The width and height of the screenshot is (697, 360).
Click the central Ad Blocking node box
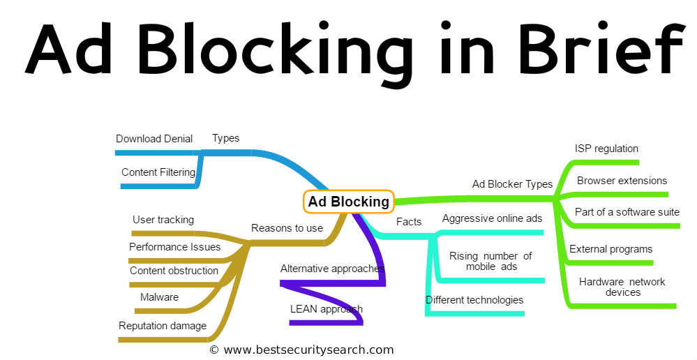click(x=349, y=202)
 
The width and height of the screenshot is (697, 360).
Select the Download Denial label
click(x=154, y=139)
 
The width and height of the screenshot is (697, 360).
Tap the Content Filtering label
click(x=158, y=172)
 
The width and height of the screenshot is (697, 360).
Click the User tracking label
click(x=163, y=220)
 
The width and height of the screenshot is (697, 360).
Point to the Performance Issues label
click(x=174, y=246)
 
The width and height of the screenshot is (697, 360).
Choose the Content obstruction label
click(x=174, y=271)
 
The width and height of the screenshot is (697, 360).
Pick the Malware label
click(x=159, y=297)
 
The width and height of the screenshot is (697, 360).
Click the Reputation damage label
click(x=163, y=325)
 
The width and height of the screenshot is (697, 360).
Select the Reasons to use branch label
click(x=287, y=227)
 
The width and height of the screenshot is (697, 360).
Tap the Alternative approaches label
click(x=332, y=268)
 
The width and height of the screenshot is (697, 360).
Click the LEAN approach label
click(x=327, y=308)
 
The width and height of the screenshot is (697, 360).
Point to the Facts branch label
click(x=409, y=222)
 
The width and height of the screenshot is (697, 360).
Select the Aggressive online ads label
click(x=492, y=218)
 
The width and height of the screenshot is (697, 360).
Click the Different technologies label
click(x=474, y=300)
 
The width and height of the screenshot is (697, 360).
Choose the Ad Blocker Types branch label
click(x=512, y=184)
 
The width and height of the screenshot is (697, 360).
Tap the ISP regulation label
click(x=606, y=149)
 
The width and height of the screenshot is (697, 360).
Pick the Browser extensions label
click(x=622, y=181)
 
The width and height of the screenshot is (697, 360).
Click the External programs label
click(x=610, y=249)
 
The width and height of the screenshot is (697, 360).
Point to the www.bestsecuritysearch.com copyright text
click(x=301, y=350)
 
